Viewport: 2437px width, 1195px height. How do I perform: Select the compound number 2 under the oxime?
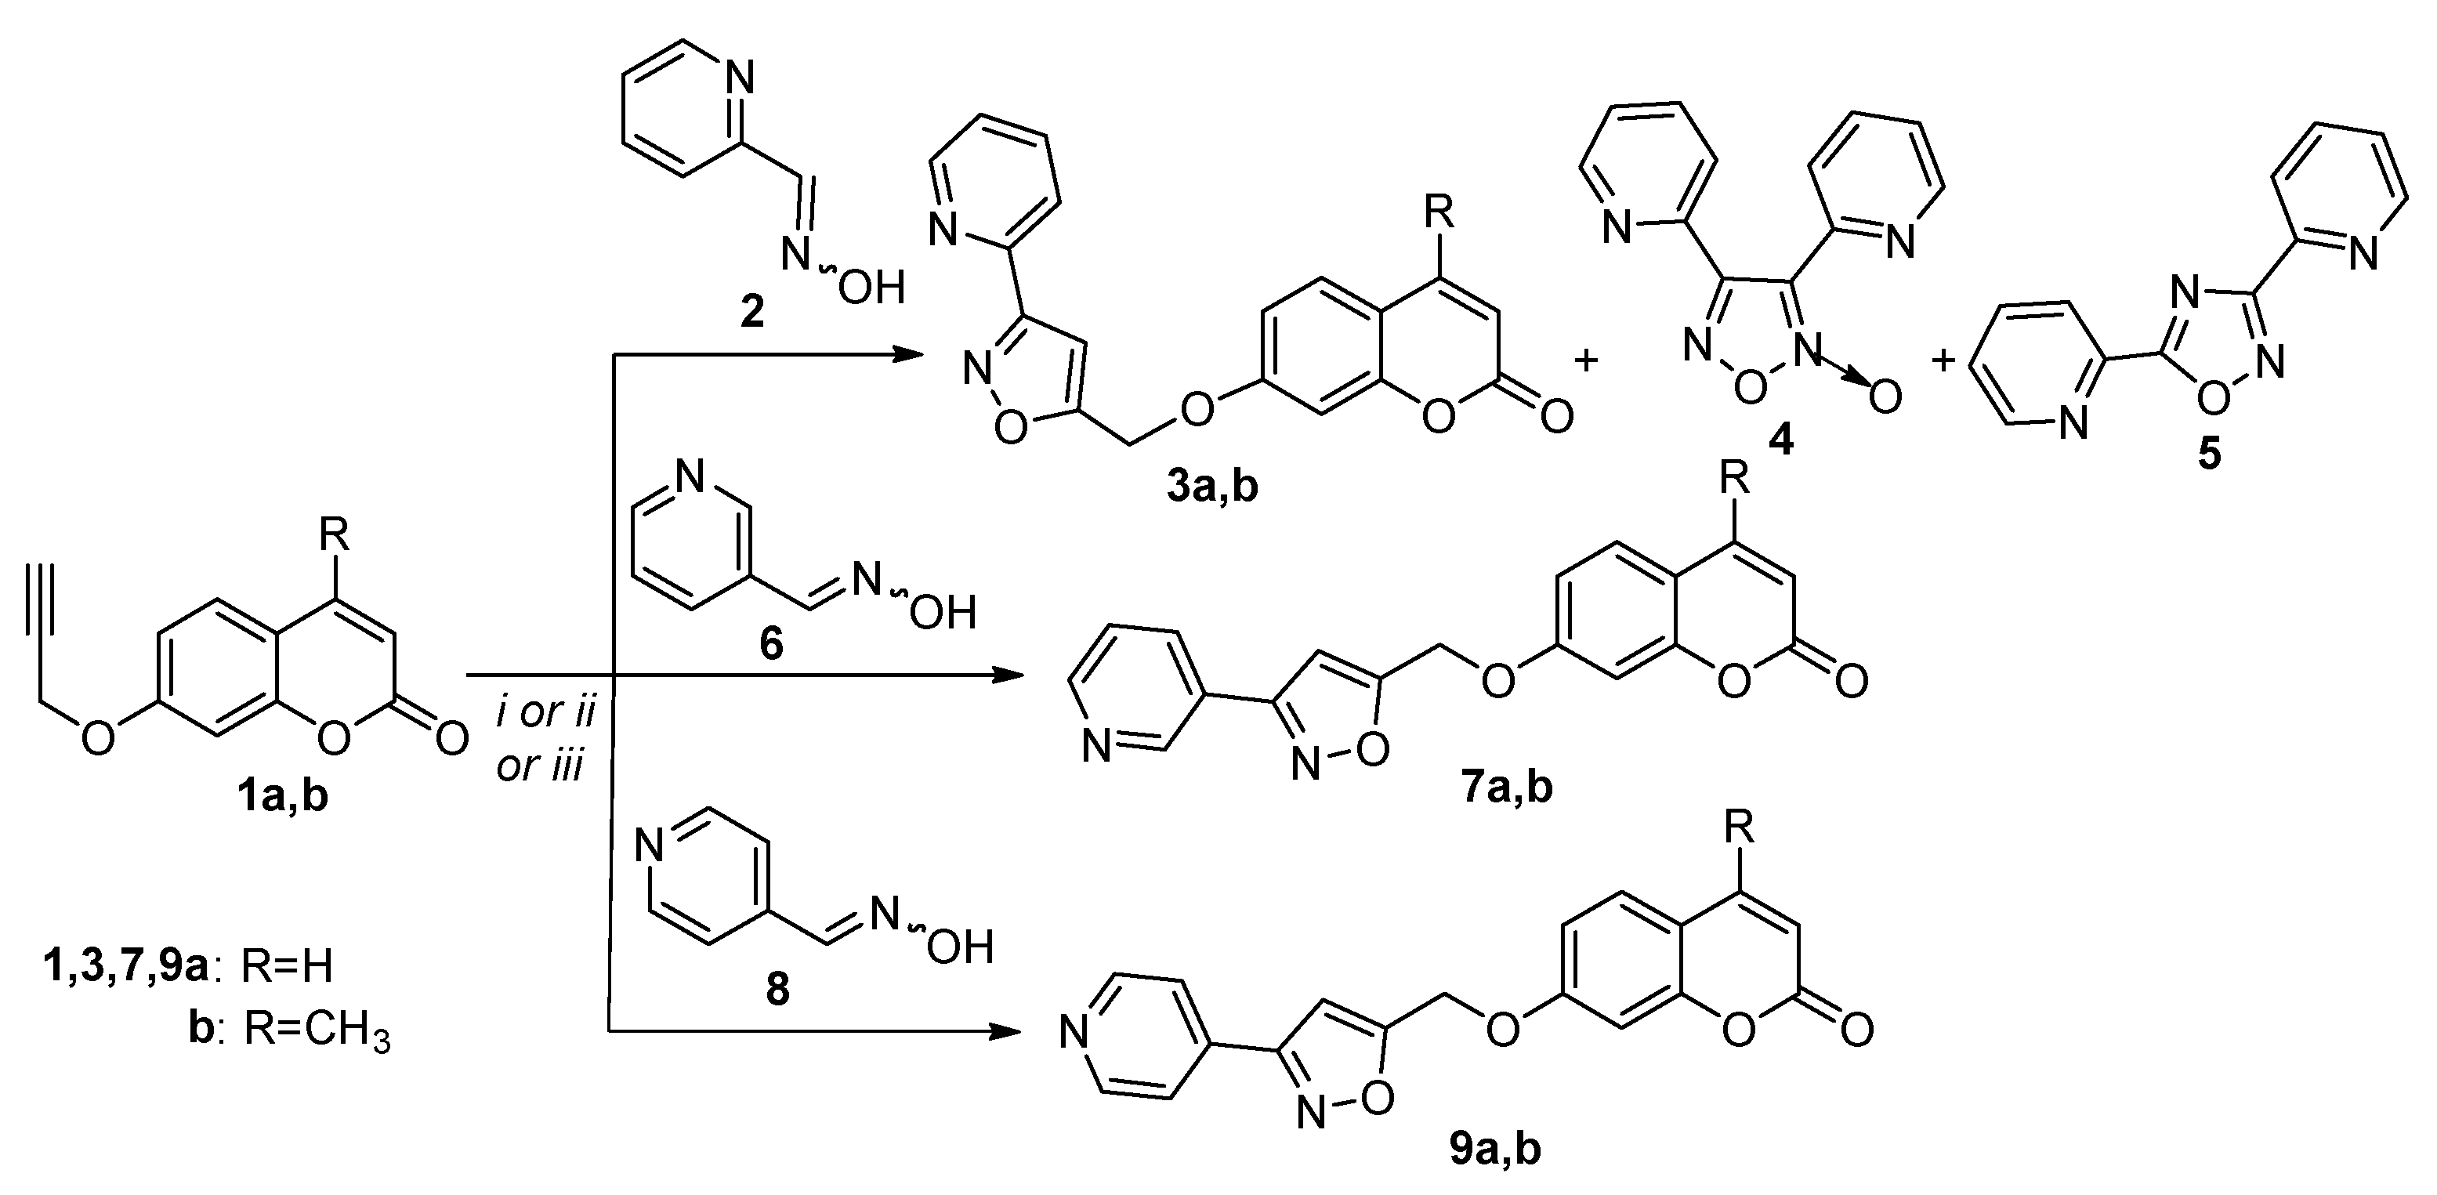pyautogui.click(x=752, y=310)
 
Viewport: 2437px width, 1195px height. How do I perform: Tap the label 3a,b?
pyautogui.click(x=1213, y=488)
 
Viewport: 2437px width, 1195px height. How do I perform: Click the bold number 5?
pyautogui.click(x=2208, y=454)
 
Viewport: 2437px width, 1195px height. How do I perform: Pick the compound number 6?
pyautogui.click(x=771, y=644)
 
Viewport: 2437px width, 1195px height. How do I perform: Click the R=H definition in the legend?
pyautogui.click(x=287, y=967)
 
